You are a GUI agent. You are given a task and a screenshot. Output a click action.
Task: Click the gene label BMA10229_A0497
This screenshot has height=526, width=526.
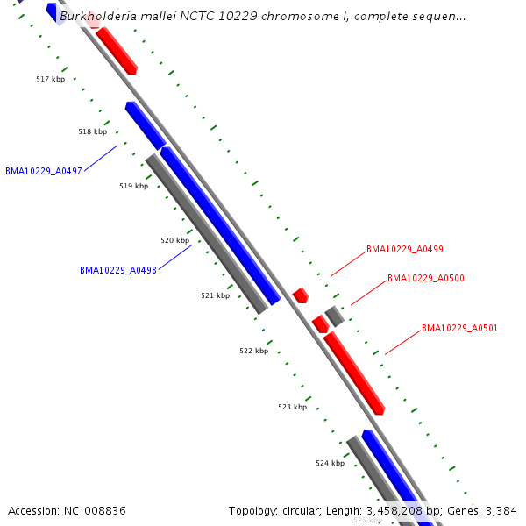(44, 171)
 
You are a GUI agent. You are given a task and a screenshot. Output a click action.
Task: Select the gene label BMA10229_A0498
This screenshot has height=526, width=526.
(117, 270)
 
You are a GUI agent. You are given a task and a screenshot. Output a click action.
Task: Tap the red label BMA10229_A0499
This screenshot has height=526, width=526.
(404, 249)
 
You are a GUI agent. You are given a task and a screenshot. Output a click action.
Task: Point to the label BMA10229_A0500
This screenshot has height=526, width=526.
(426, 278)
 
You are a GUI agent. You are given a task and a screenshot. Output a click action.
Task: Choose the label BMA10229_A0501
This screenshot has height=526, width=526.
(459, 328)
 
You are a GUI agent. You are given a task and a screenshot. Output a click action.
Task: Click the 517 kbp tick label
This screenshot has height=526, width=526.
(50, 79)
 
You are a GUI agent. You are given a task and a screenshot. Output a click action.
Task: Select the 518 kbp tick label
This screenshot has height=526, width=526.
(92, 131)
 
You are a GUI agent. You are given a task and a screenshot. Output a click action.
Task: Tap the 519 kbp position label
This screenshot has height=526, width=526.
(133, 186)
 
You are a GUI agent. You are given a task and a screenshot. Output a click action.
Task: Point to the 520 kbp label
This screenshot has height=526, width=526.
(174, 240)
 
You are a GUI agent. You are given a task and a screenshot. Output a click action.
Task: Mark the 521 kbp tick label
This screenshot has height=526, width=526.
(215, 295)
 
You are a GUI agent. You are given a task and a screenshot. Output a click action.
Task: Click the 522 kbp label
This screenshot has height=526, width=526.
(253, 351)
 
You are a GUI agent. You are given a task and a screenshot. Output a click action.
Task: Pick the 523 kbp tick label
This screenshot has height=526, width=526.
(292, 407)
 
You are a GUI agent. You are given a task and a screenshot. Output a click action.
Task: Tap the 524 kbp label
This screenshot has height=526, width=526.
(330, 463)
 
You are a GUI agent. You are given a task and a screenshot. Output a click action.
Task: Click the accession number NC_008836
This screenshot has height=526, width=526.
(93, 510)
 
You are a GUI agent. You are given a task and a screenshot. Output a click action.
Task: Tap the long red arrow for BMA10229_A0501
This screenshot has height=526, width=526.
(354, 373)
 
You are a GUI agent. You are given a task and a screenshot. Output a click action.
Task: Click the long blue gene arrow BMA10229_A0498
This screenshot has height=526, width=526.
(220, 225)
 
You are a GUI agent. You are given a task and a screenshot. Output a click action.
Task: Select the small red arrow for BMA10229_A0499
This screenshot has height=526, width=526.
(301, 295)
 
